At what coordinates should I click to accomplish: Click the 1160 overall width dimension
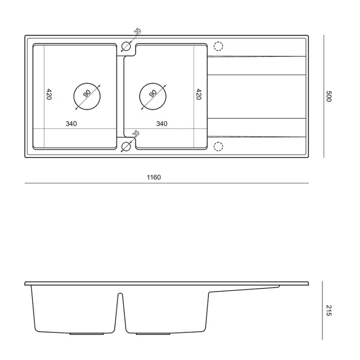coord(153,177)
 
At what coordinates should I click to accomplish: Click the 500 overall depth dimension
coord(328,96)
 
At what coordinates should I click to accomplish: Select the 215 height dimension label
coord(328,310)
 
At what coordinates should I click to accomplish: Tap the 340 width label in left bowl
coord(72,123)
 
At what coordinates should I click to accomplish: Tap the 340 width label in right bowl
coord(162,123)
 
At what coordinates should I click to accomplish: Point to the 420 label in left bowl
coord(49,94)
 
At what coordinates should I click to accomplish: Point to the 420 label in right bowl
coord(198,94)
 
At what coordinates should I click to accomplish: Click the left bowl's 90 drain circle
coord(87,96)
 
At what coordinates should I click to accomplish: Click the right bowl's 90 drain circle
coord(153,96)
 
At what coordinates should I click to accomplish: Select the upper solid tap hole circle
coord(126,46)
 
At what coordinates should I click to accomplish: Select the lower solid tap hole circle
coord(126,146)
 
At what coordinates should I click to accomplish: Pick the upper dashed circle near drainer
coord(218,46)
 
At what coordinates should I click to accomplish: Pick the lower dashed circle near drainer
coord(218,146)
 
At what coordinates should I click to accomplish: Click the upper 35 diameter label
coord(137,32)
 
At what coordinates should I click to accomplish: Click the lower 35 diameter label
coord(136,134)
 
